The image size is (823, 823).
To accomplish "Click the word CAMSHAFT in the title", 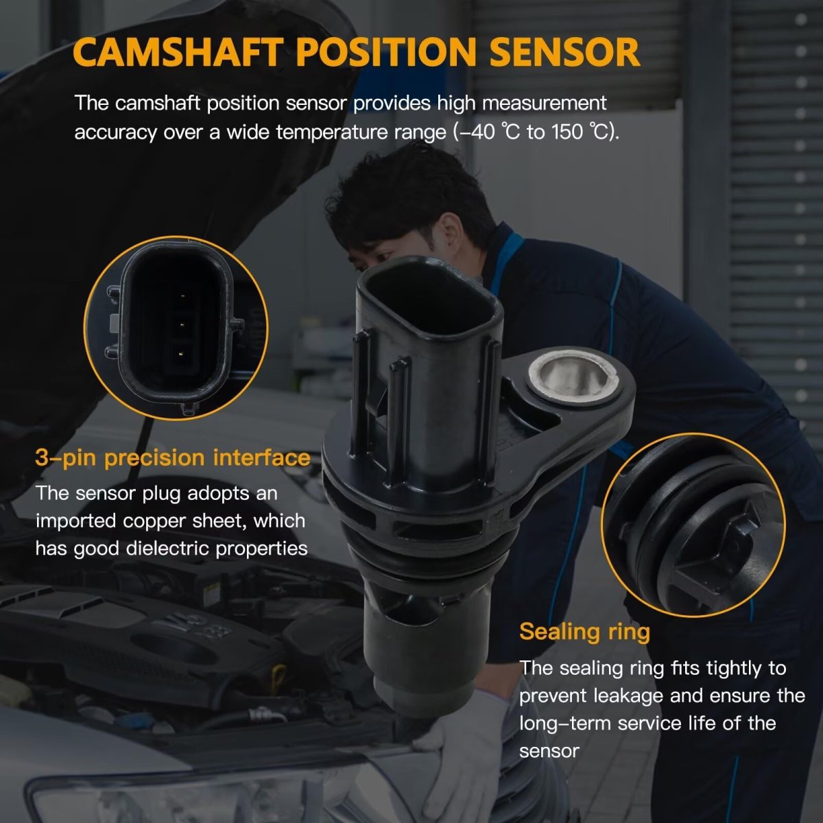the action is (x=178, y=51).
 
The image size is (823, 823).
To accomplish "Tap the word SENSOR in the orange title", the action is (x=564, y=51).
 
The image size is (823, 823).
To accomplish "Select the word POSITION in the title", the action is (x=386, y=51).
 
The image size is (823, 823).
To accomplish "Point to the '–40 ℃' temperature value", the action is (x=488, y=132).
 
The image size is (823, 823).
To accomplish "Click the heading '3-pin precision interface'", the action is (x=173, y=458).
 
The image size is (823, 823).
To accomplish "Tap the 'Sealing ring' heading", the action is (x=584, y=632).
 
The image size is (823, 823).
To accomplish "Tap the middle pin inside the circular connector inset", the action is (x=182, y=325).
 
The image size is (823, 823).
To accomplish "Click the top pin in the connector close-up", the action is (x=182, y=296).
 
